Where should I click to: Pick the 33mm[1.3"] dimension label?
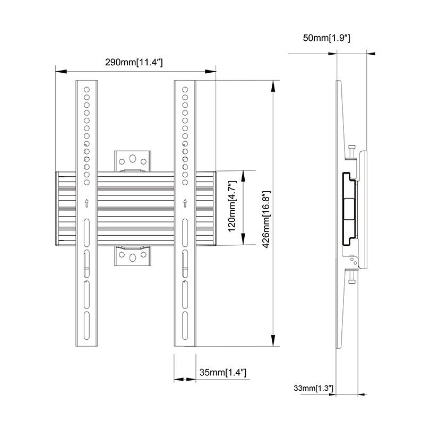point(313,389)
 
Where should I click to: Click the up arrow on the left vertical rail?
point(87,202)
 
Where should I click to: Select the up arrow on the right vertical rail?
point(185,202)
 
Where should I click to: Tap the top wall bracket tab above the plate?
point(133,159)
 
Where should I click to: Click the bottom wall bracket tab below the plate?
point(133,259)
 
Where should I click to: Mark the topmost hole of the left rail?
point(87,88)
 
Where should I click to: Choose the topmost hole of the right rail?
point(185,88)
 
